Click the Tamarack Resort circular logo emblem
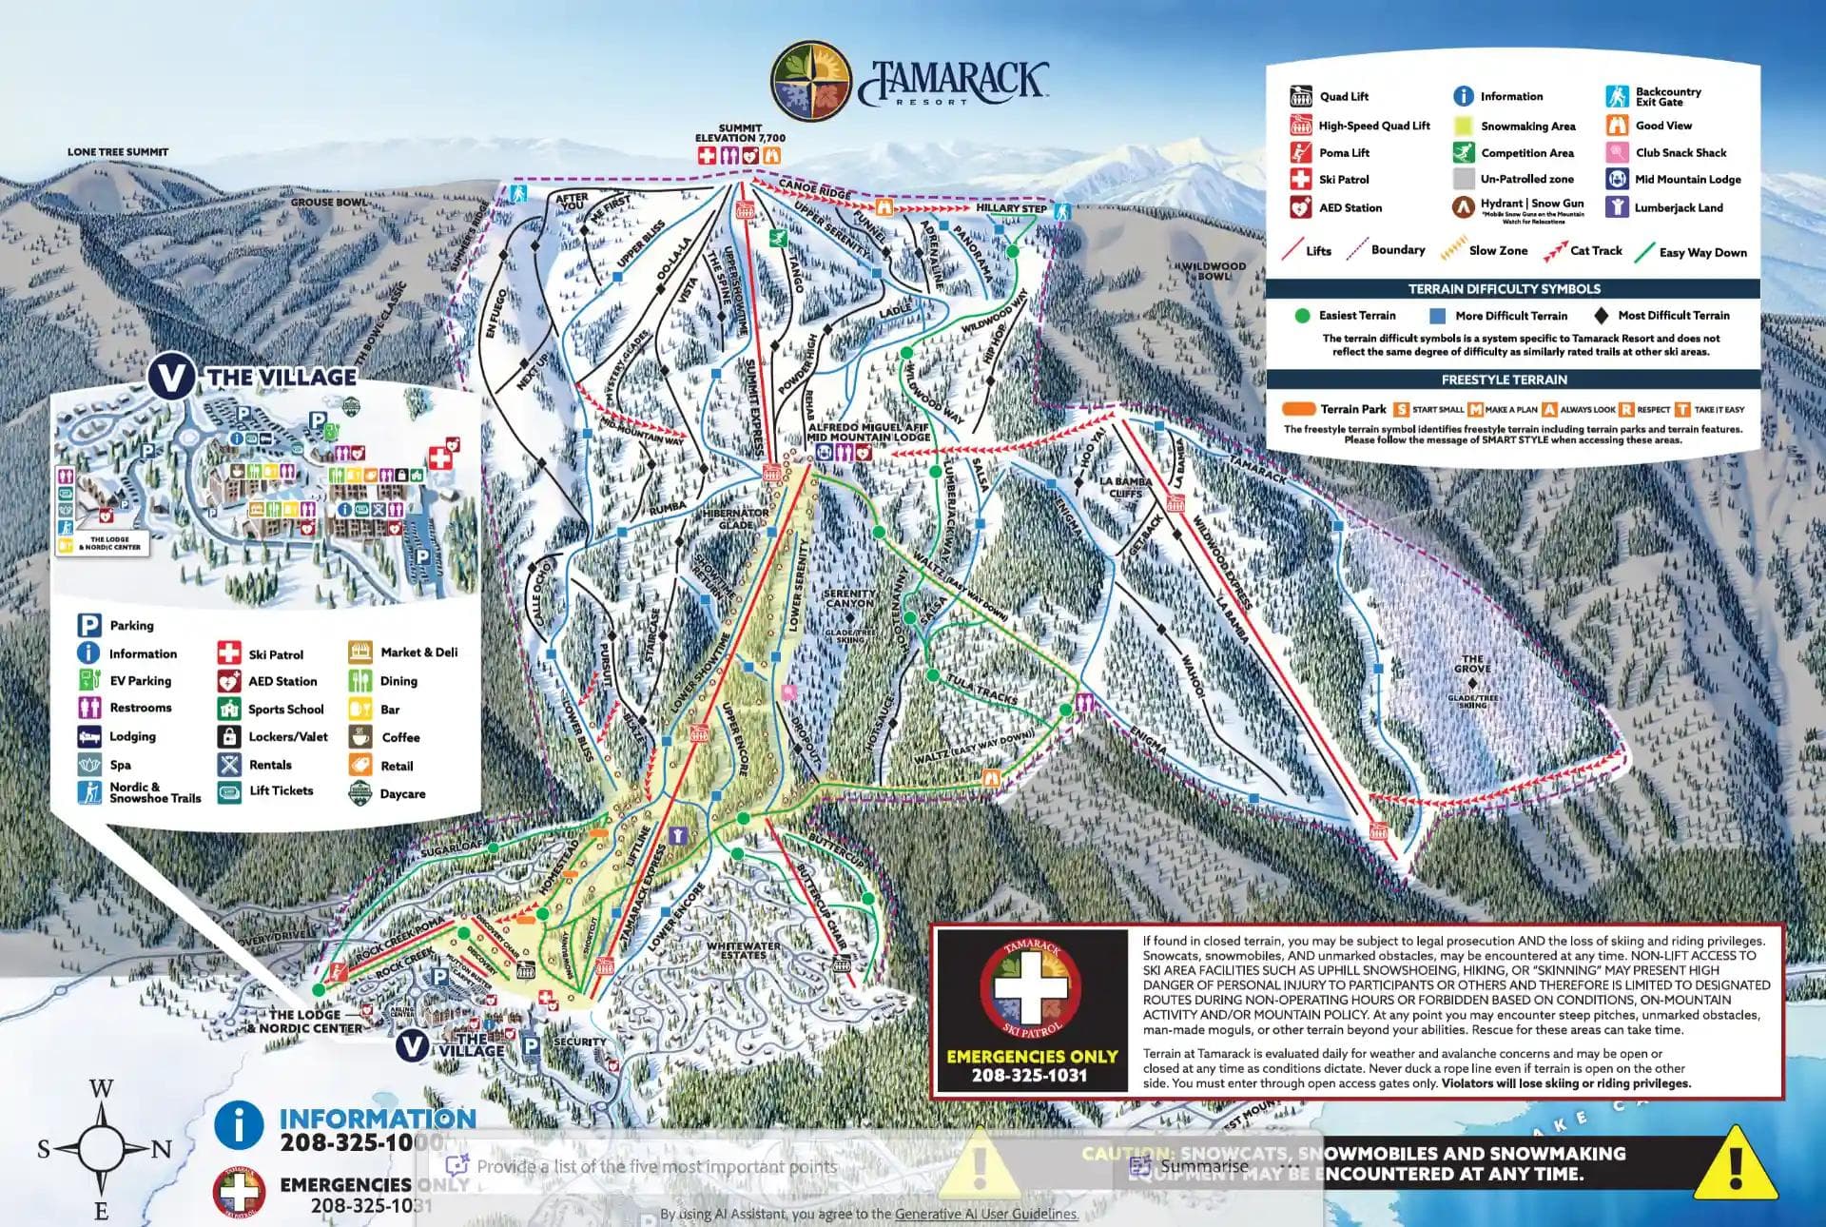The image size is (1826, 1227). tap(811, 83)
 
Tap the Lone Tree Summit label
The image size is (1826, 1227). tap(118, 152)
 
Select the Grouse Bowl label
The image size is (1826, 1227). tap(329, 202)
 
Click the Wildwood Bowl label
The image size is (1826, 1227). tap(1214, 271)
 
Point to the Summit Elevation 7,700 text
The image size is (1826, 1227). tap(740, 133)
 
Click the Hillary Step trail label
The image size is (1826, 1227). tap(1011, 208)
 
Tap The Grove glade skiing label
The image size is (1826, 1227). tap(1472, 664)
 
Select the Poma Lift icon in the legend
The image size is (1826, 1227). tap(1300, 152)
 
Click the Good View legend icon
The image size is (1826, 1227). tap(1617, 126)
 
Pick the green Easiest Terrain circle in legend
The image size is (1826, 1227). tap(1302, 316)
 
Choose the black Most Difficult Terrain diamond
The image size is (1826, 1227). tap(1601, 316)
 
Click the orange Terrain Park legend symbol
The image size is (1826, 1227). tap(1297, 409)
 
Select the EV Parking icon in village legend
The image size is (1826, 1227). tap(88, 681)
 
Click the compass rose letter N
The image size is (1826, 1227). tap(162, 1150)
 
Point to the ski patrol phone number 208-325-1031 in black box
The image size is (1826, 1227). tap(1029, 1076)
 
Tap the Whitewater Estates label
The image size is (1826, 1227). tap(743, 950)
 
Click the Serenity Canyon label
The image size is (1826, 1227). tap(848, 598)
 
